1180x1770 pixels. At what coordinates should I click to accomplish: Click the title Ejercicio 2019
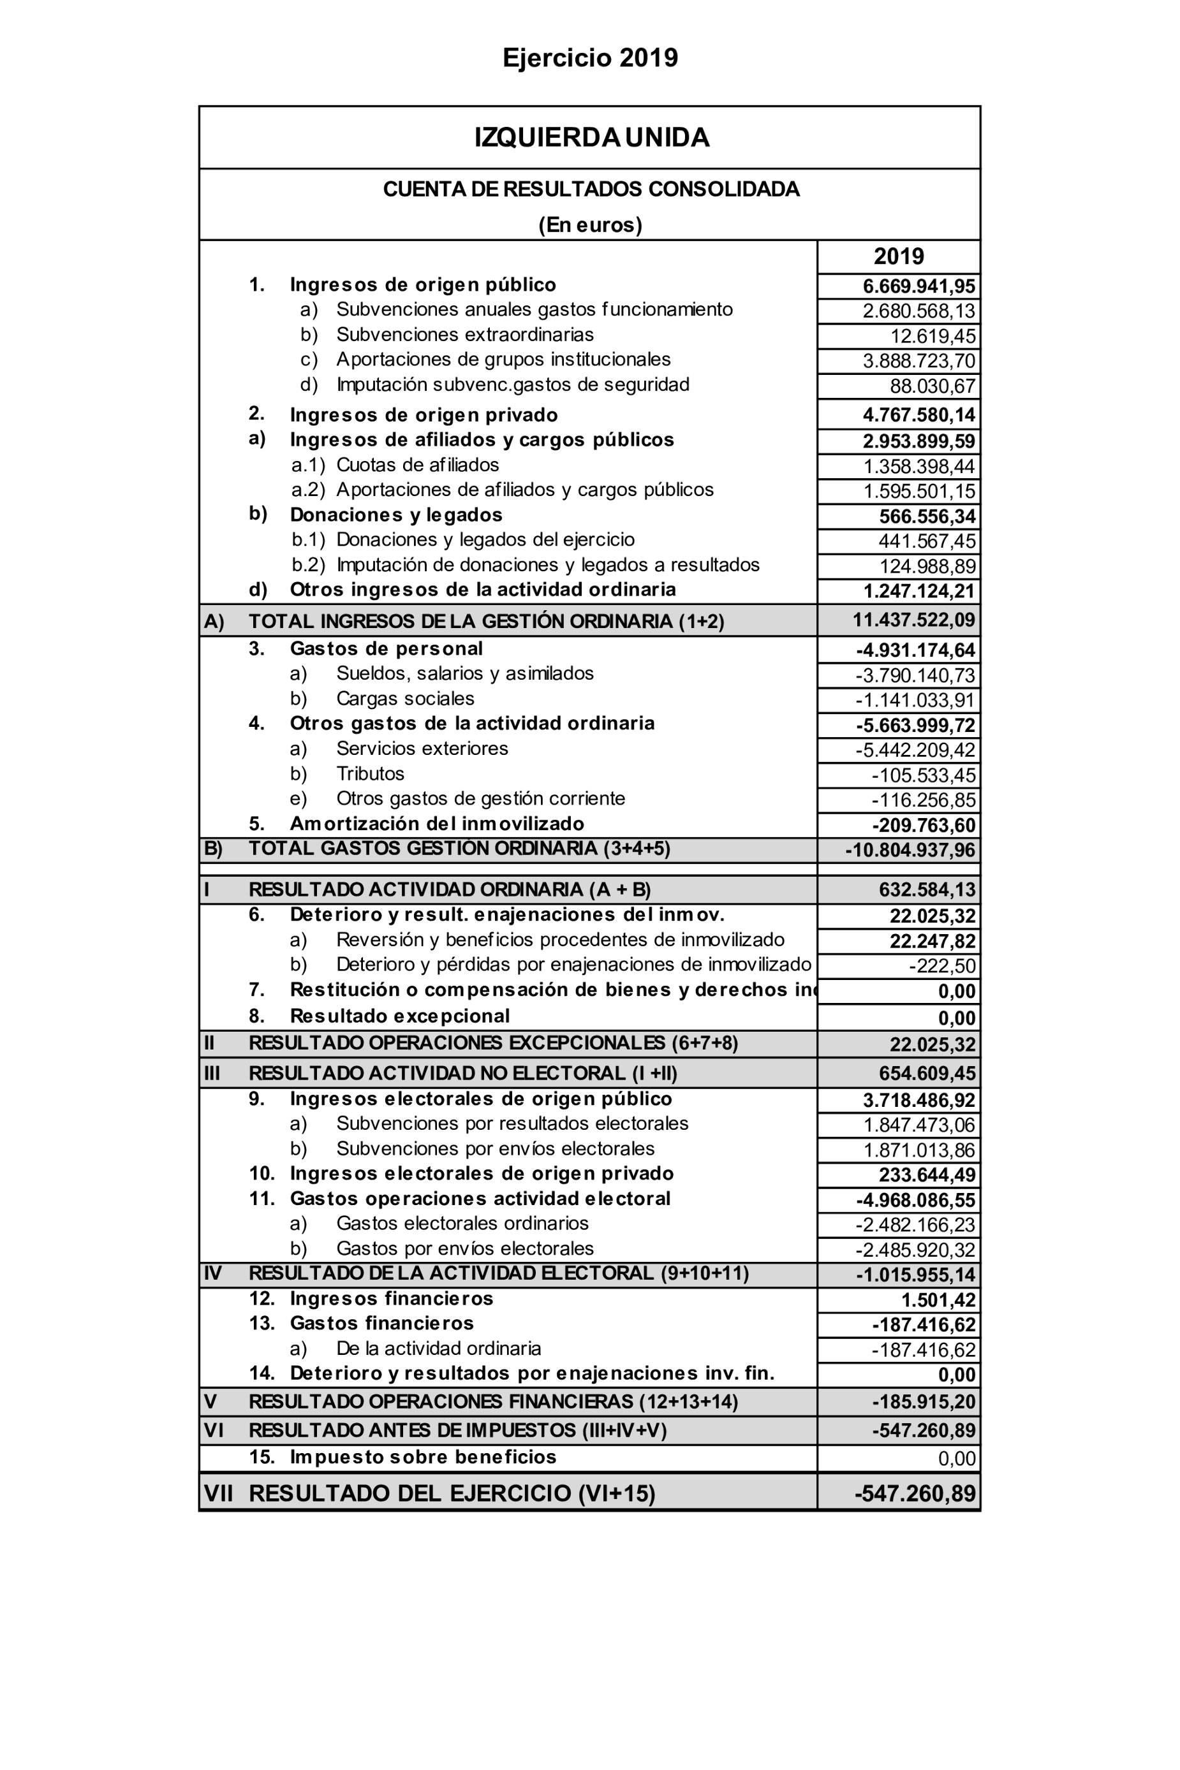590,58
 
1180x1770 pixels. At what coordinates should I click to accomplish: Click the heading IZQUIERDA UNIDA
591,138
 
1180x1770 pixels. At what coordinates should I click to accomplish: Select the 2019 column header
899,256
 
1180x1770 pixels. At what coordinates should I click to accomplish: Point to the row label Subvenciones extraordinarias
464,335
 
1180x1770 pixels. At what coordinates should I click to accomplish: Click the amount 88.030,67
933,386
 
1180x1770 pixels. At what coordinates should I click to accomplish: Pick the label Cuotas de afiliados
417,465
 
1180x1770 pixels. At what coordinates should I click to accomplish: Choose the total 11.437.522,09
913,620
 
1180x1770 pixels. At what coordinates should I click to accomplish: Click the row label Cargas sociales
405,699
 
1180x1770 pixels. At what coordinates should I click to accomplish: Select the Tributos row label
369,774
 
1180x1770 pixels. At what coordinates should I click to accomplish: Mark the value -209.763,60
924,826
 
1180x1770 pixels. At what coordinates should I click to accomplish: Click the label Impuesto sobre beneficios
423,1457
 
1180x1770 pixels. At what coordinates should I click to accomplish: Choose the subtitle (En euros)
590,225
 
